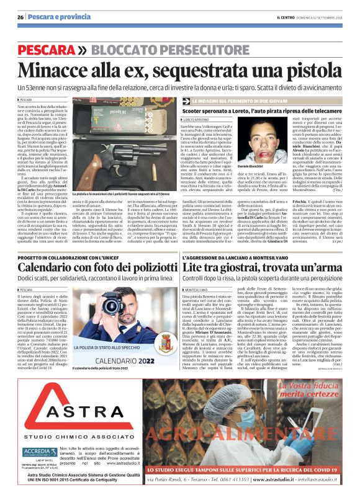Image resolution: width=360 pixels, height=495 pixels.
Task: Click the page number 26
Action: click(21, 17)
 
